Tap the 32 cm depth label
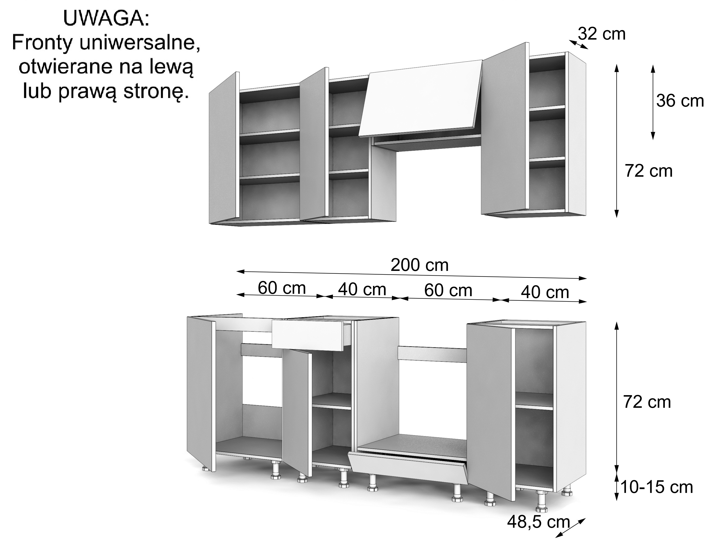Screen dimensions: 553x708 [x=601, y=34]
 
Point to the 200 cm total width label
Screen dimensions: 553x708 [x=419, y=265]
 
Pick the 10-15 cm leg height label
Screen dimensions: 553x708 [x=657, y=487]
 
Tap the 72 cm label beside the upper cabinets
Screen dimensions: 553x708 [x=649, y=171]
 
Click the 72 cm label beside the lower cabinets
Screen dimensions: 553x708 [x=647, y=402]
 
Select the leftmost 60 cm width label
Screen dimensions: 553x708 [x=282, y=288]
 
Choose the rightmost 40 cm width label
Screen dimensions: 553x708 [x=545, y=292]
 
